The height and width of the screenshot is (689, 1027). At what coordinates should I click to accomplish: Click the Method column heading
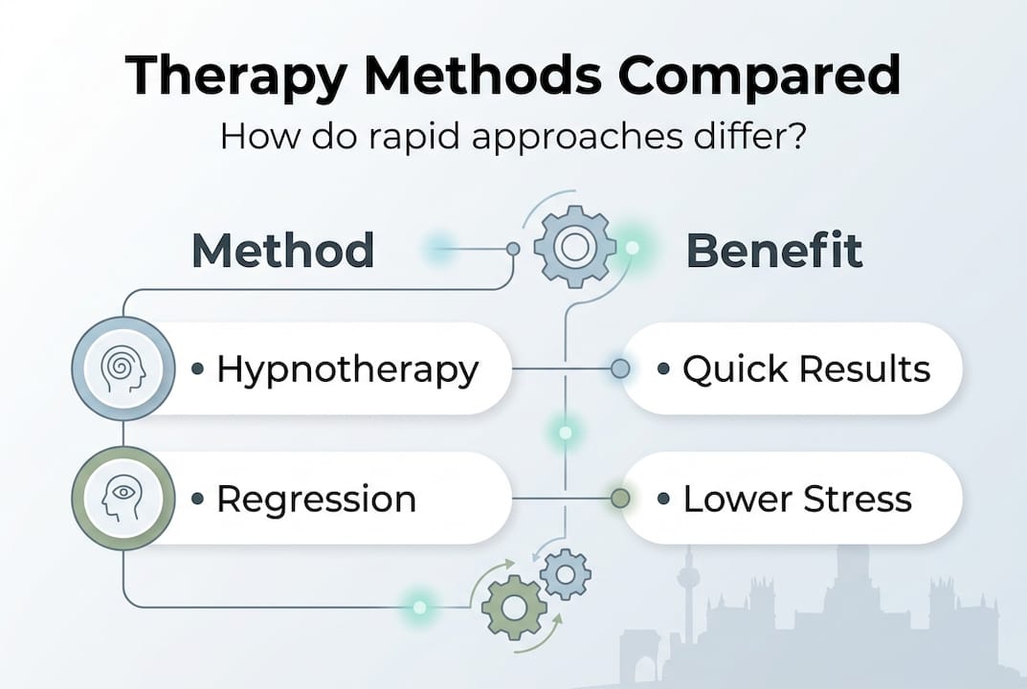click(282, 251)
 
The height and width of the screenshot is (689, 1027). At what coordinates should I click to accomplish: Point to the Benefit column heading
click(774, 251)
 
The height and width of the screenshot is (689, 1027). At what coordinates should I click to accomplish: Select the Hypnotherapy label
click(346, 368)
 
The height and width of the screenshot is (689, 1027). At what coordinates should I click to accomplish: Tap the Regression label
click(316, 499)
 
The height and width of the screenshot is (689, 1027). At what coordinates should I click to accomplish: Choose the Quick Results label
click(806, 368)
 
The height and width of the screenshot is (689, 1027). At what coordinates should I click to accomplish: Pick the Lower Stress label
click(796, 499)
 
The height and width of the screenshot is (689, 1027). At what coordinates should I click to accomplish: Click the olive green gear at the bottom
click(513, 606)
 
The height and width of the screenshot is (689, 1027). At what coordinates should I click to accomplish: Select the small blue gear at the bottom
click(565, 574)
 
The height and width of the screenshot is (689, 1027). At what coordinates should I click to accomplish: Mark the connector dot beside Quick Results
click(620, 368)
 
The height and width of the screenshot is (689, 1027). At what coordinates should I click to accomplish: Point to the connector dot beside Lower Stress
click(620, 498)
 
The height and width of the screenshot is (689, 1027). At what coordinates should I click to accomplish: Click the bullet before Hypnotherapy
click(198, 368)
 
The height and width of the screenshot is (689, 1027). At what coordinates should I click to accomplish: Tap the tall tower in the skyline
click(686, 584)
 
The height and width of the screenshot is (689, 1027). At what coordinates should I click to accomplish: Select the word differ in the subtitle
click(742, 135)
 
